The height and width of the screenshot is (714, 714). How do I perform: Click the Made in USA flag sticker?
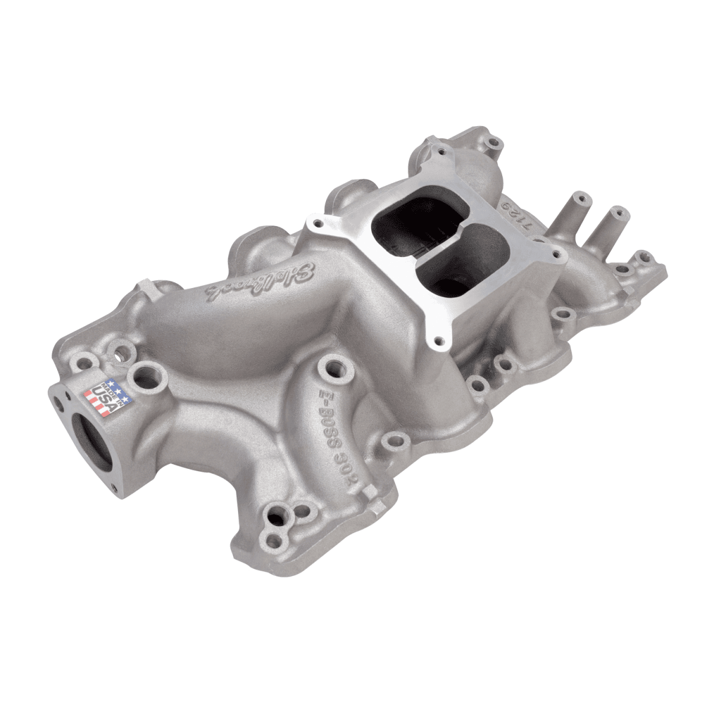click(102, 395)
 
